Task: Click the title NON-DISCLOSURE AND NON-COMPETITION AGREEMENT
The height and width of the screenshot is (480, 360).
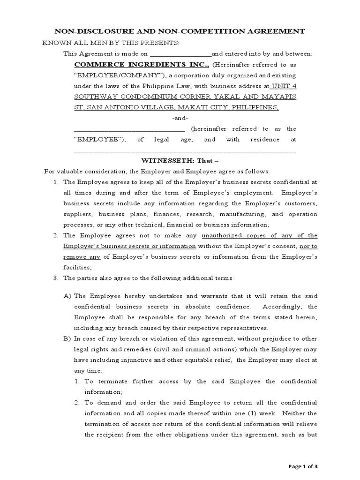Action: pos(180,31)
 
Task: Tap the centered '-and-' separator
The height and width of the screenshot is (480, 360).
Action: pos(180,118)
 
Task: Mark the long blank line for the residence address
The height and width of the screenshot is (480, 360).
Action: pos(185,152)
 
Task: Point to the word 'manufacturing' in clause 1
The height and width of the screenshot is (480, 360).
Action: pos(248,214)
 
